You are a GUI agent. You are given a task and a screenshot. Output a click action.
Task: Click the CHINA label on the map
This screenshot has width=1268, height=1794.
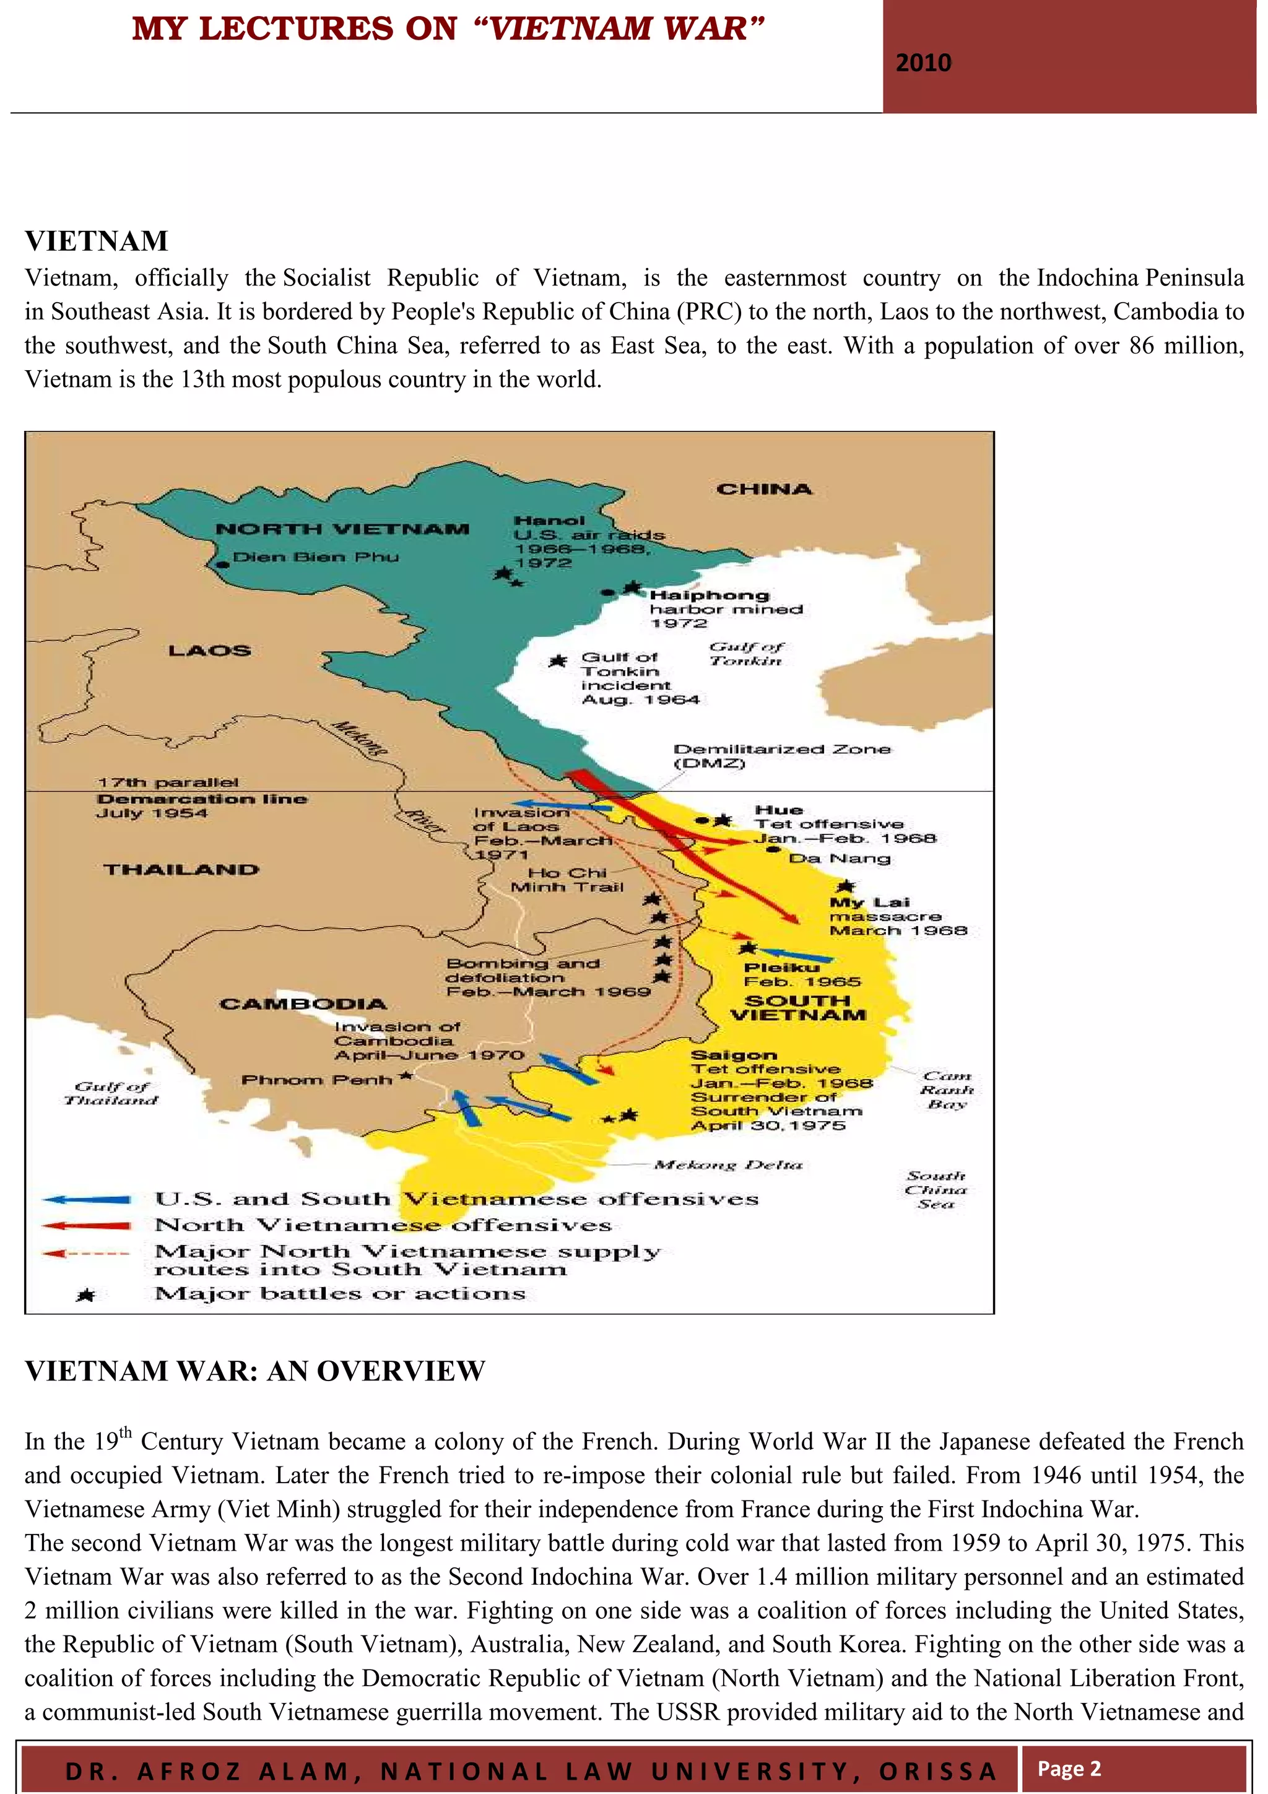764,489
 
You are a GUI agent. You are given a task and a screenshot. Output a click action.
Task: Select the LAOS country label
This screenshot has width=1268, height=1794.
209,651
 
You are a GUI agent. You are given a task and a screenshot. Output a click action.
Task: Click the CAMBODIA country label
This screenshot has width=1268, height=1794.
303,1004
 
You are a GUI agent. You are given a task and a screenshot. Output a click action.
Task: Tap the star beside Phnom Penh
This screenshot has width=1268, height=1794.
406,1076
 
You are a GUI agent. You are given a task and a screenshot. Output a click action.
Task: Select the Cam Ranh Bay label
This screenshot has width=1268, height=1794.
947,1090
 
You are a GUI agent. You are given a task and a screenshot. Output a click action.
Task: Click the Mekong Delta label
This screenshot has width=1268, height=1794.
728,1165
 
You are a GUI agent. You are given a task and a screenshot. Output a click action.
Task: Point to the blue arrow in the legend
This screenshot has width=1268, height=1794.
86,1199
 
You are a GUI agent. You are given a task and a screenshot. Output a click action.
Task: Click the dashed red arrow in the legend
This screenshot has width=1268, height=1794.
86,1254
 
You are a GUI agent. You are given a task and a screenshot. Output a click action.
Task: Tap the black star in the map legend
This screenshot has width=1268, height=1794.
86,1296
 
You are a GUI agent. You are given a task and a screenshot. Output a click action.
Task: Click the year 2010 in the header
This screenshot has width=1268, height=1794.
924,63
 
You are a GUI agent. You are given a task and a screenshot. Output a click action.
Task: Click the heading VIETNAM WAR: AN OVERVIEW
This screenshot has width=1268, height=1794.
254,1371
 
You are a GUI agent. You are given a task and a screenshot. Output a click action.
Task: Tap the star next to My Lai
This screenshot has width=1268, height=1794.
845,887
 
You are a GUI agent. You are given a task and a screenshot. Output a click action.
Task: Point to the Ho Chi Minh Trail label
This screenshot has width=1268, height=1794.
567,880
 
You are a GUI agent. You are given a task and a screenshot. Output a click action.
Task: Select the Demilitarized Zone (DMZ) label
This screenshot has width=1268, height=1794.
781,756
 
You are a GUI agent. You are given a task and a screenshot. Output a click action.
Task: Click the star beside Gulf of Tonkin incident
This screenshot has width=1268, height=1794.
557,661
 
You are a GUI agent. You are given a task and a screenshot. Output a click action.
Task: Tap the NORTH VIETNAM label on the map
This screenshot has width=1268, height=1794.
342,529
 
